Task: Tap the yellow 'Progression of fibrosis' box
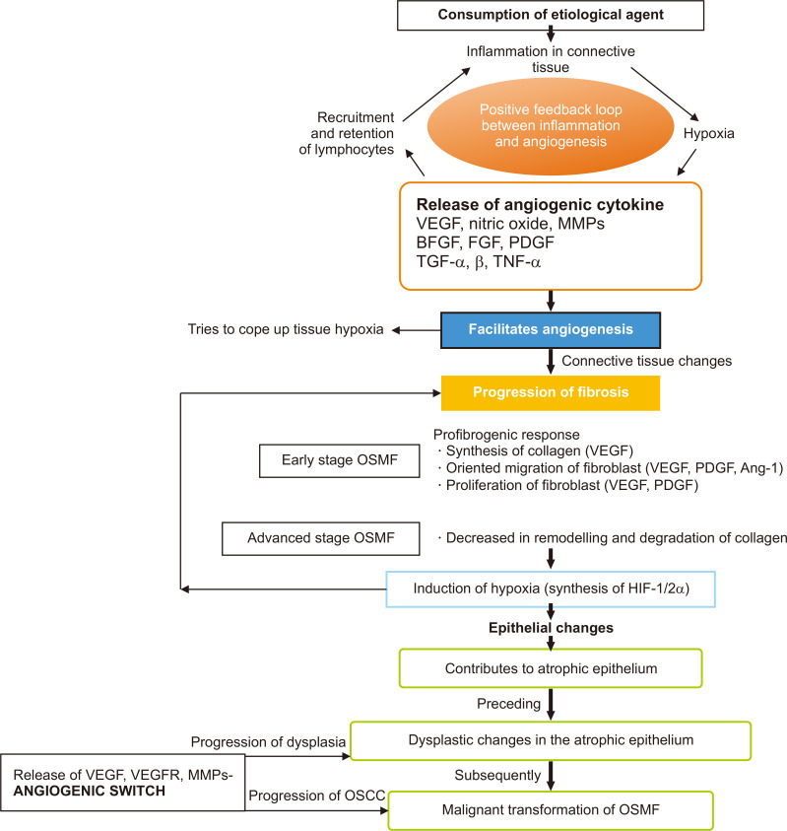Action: [x=550, y=393]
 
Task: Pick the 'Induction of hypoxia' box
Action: [x=550, y=590]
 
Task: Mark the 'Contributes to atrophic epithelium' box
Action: [x=550, y=668]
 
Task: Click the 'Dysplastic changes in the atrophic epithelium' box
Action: [x=550, y=740]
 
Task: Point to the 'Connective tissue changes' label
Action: [x=646, y=361]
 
